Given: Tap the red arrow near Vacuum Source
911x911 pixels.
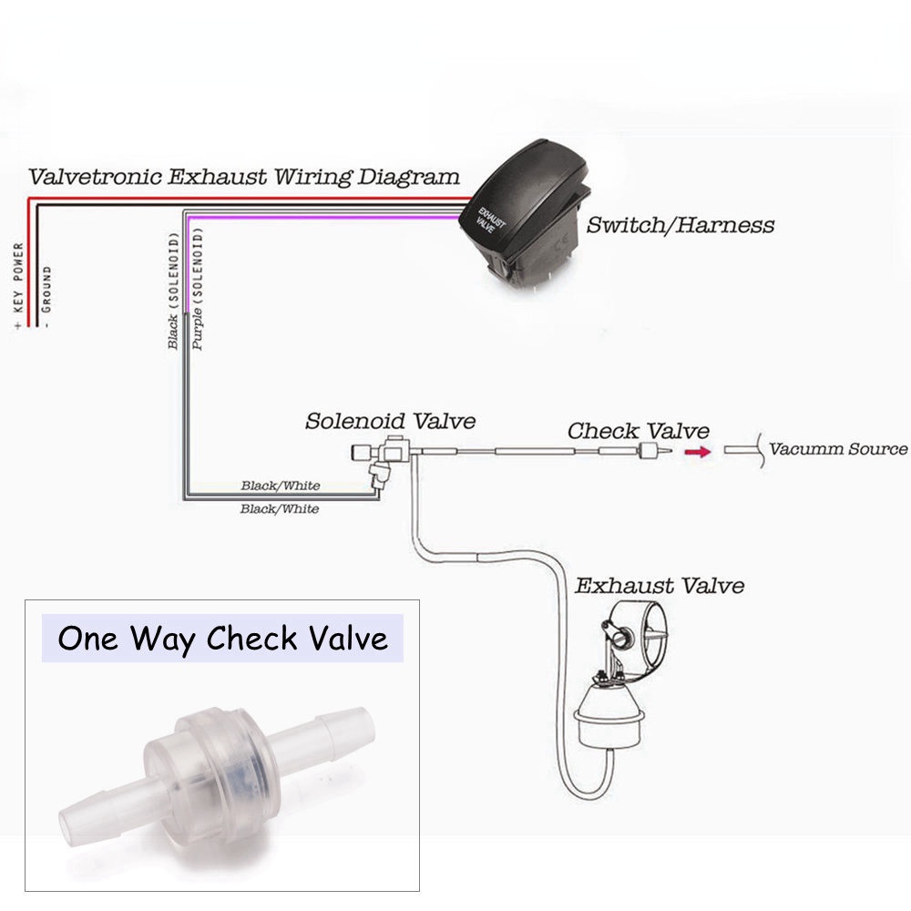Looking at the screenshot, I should point(699,451).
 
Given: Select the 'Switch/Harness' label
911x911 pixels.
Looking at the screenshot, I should point(680,225).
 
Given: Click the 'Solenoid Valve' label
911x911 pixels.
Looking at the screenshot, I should point(390,421).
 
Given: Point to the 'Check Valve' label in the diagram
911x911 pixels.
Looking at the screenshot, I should point(638,430).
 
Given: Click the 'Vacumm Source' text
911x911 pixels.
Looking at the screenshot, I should point(838,449).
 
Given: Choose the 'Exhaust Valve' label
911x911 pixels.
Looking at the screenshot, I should point(659,585).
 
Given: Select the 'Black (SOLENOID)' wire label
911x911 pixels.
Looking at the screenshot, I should point(173,290).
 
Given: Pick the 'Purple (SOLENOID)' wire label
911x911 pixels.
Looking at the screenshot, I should point(198,290).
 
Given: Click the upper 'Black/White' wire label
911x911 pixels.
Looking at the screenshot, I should point(280,486).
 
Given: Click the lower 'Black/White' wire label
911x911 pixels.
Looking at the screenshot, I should point(280,509).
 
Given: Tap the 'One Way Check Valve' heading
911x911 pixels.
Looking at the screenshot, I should point(222,639).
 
